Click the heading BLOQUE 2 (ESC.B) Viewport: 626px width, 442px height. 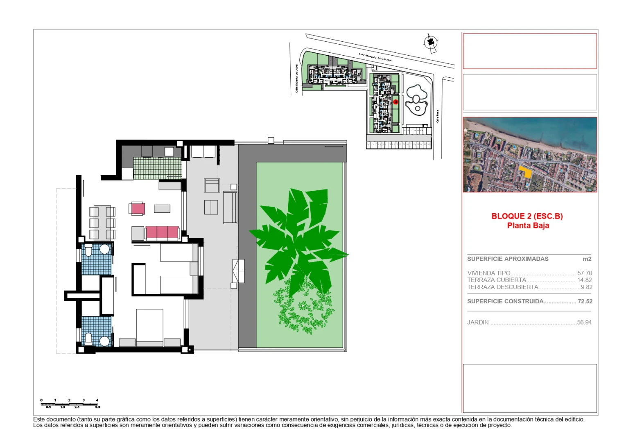[527, 216]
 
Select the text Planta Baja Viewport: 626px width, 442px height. [528, 226]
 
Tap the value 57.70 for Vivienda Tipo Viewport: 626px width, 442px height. [584, 273]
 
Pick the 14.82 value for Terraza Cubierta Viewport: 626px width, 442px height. [584, 280]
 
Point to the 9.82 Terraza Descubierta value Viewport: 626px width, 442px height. [586, 287]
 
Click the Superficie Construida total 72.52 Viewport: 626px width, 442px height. [585, 301]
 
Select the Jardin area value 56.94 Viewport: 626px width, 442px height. [584, 322]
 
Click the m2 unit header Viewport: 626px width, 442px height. [587, 259]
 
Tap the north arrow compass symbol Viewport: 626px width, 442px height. [430, 43]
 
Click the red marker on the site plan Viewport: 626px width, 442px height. [395, 102]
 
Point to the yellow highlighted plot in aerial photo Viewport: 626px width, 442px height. [525, 171]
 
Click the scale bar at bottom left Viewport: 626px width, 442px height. [70, 404]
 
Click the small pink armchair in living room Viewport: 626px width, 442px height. [138, 209]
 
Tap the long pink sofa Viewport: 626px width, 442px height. [162, 232]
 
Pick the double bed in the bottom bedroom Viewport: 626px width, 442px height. [149, 325]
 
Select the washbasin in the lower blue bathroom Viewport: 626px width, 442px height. [104, 341]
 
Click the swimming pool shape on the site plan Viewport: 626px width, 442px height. [416, 100]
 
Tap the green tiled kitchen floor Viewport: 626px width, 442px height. [157, 168]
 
